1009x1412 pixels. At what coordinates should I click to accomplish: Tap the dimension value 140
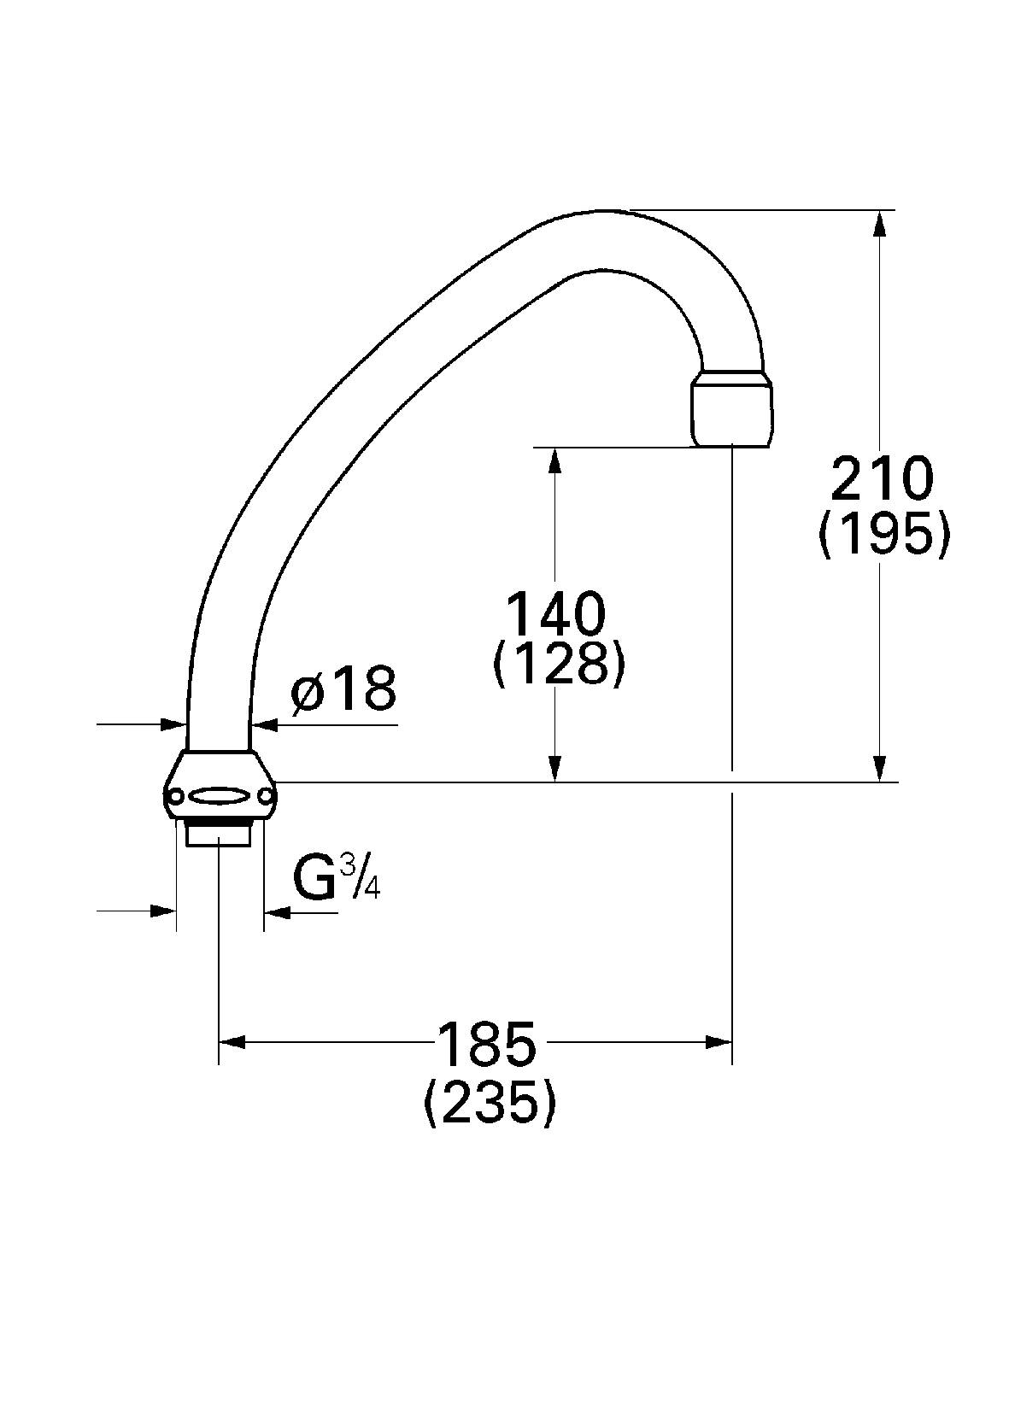[556, 612]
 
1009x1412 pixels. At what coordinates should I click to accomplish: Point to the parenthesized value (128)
[559, 663]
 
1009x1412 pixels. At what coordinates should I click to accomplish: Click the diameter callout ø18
[344, 689]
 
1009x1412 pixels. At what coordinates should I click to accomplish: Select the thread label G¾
[335, 878]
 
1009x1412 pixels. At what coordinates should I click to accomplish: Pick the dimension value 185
[487, 1043]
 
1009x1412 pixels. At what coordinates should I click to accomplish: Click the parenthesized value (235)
[490, 1103]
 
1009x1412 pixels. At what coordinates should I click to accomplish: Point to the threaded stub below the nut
[219, 832]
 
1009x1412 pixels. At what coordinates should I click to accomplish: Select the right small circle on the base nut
[267, 797]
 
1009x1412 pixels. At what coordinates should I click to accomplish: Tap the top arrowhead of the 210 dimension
[880, 221]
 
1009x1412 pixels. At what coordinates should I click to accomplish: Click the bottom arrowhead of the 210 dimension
[880, 769]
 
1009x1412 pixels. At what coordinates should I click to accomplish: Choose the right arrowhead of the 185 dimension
[719, 1041]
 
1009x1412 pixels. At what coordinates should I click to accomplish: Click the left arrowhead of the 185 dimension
[232, 1041]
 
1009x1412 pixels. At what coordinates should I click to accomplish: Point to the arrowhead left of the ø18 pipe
[174, 724]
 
